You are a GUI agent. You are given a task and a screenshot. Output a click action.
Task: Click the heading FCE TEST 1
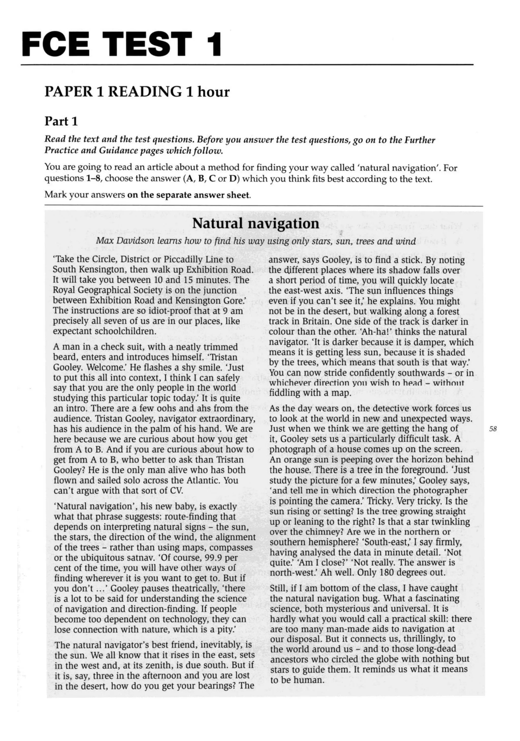pyautogui.click(x=121, y=44)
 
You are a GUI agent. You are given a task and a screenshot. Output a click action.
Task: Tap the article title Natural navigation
pyautogui.click(x=255, y=223)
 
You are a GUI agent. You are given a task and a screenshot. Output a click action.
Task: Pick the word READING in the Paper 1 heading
pyautogui.click(x=144, y=92)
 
